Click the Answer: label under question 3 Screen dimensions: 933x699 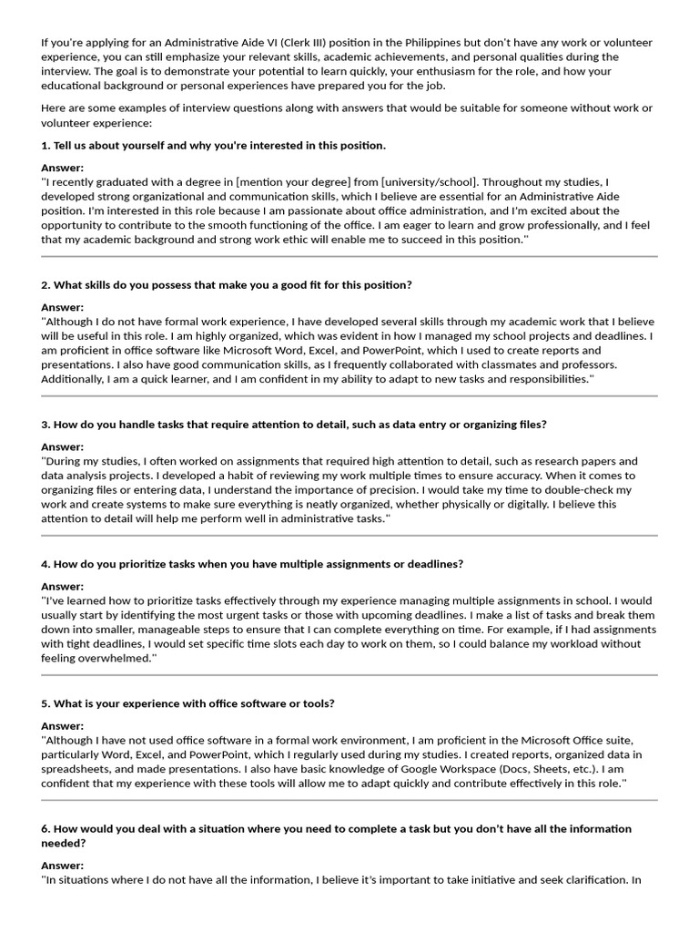[63, 447]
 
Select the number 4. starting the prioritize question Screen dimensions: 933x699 [46, 564]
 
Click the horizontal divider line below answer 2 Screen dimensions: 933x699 [349, 396]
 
